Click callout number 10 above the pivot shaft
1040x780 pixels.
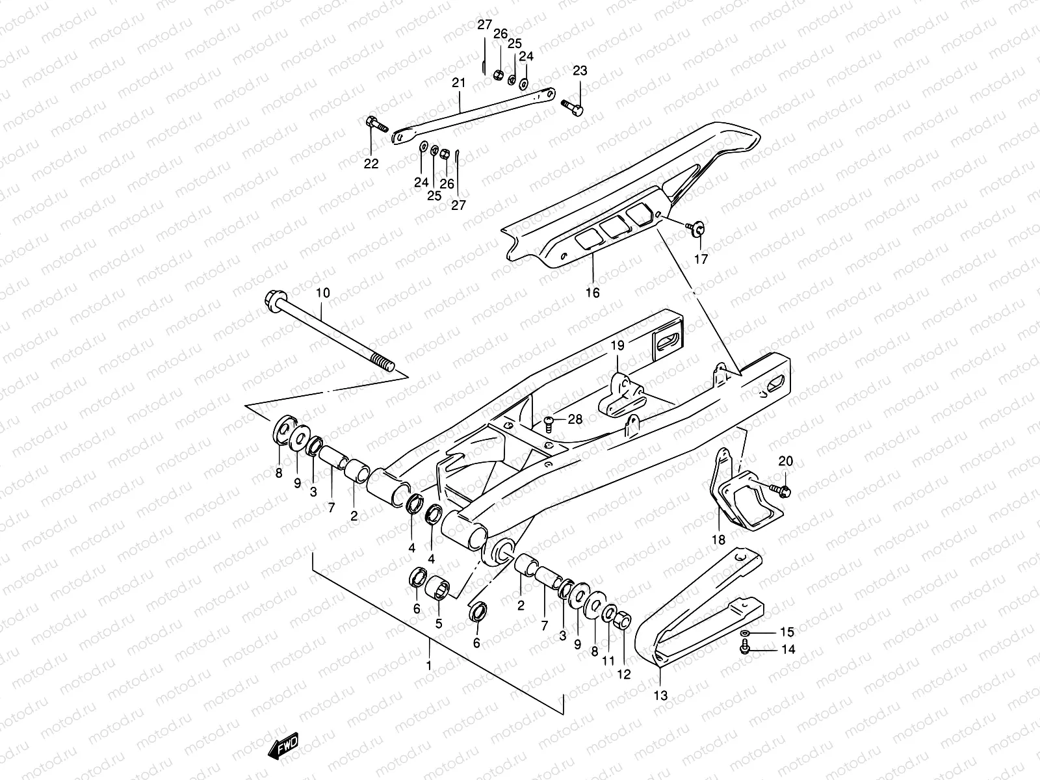coord(323,293)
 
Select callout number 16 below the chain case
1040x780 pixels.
coord(592,292)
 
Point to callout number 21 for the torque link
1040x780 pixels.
coord(459,83)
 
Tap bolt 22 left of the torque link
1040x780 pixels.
coord(376,122)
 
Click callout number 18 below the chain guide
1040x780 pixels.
coord(718,539)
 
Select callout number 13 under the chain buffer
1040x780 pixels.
coord(660,695)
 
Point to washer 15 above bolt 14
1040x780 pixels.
coord(746,632)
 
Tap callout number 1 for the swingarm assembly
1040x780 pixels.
coord(429,666)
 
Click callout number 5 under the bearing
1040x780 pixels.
coord(439,623)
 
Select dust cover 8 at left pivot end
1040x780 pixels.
coord(282,430)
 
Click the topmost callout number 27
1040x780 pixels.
coord(485,25)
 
